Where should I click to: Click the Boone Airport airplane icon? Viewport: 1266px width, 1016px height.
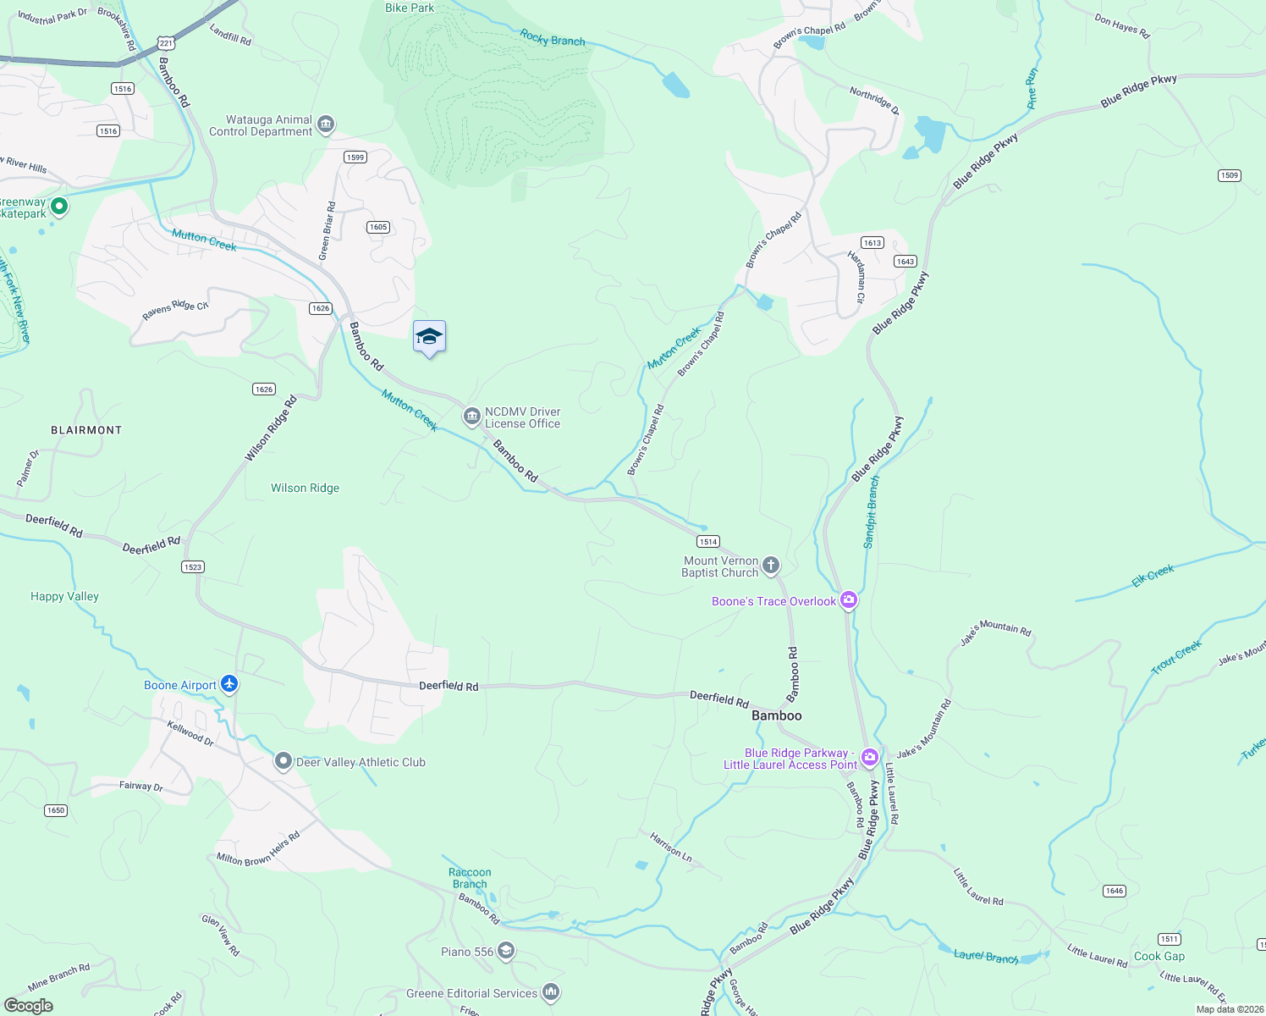[x=229, y=684]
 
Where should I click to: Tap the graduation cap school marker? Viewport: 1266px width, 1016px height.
[x=429, y=337]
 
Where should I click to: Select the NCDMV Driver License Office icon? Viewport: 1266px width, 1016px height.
[x=471, y=417]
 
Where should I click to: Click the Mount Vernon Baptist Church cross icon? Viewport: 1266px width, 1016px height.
[x=770, y=566]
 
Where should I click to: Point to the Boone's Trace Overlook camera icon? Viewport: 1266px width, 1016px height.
[x=848, y=600]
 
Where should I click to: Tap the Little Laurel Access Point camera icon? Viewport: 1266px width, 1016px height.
[x=869, y=757]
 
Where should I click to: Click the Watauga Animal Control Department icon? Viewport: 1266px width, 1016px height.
[x=325, y=126]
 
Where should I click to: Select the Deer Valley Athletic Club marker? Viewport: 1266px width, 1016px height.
[x=283, y=762]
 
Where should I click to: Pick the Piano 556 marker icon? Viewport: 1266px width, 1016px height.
[x=505, y=952]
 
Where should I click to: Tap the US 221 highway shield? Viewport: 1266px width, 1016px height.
[x=166, y=42]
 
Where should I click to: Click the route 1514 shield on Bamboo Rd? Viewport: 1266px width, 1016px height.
[x=707, y=541]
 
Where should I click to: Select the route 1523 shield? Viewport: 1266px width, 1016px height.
[x=193, y=566]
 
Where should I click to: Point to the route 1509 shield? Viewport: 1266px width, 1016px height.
[x=1230, y=175]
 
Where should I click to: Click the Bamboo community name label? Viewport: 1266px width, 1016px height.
[x=776, y=715]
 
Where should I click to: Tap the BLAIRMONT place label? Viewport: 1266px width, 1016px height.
[x=86, y=430]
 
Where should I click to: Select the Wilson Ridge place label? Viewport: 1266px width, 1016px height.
[x=305, y=488]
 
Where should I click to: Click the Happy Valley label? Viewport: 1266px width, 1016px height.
[x=64, y=596]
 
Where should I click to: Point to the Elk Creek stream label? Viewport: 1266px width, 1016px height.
[x=1153, y=576]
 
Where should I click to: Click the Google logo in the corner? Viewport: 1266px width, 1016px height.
[x=29, y=1005]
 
